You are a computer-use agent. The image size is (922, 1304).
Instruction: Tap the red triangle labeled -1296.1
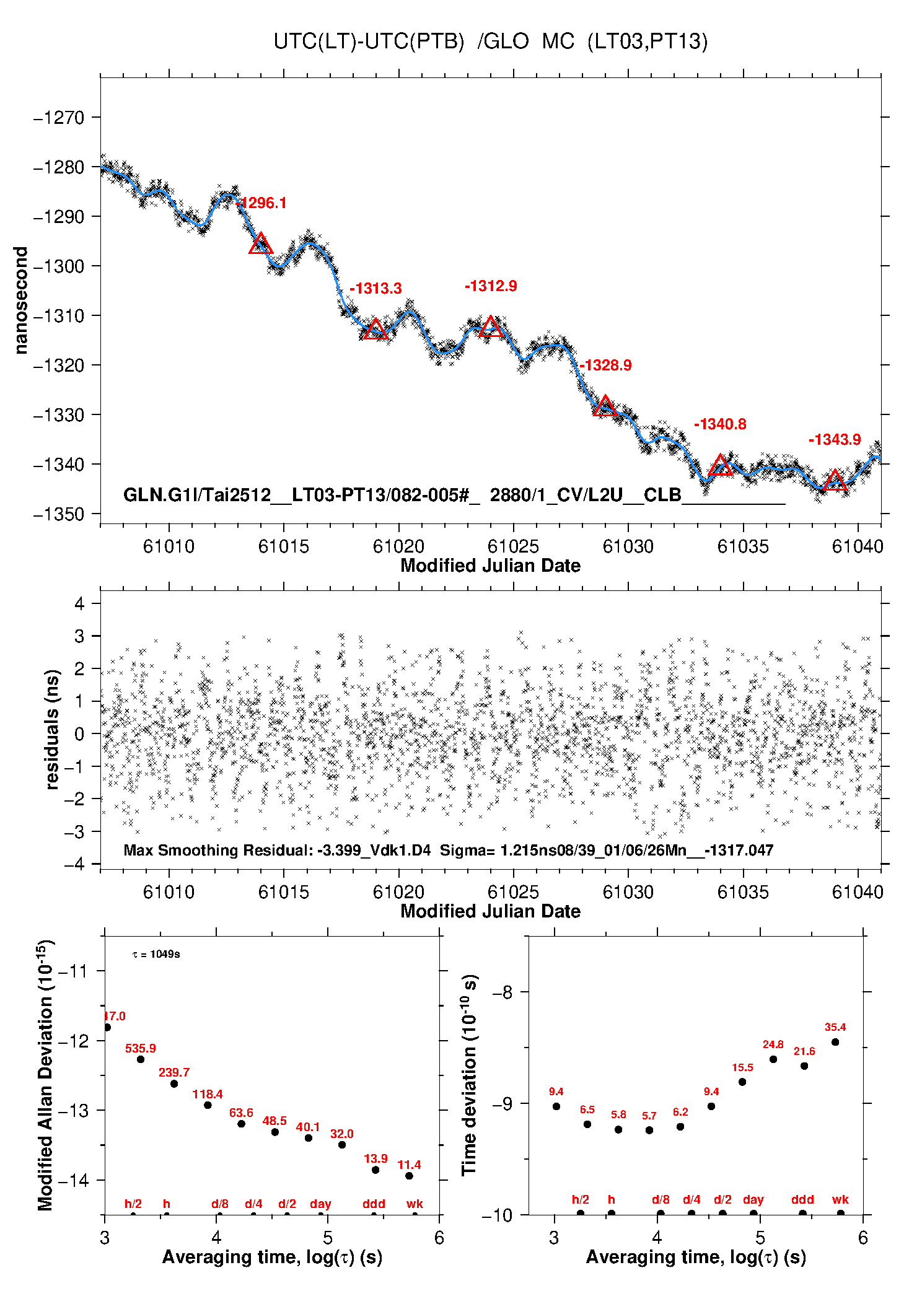(261, 244)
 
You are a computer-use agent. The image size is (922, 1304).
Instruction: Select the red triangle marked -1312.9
(491, 326)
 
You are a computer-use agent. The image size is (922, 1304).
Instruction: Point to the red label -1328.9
(605, 365)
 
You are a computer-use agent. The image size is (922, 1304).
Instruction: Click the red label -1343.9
(834, 439)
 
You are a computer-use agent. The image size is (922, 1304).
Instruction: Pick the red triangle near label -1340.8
(720, 465)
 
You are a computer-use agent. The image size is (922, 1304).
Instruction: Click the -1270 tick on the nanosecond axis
(58, 117)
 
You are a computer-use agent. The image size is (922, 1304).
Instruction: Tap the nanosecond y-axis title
(22, 300)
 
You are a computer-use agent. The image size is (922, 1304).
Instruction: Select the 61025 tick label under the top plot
(513, 546)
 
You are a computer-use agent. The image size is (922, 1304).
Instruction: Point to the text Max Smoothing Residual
(217, 850)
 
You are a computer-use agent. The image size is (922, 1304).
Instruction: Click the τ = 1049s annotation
(156, 954)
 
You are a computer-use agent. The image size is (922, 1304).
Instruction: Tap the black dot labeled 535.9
(141, 1059)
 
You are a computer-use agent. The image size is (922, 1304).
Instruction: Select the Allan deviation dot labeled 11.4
(409, 1176)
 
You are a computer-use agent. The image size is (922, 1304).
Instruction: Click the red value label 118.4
(207, 1094)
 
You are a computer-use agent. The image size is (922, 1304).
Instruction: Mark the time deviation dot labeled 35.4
(835, 1042)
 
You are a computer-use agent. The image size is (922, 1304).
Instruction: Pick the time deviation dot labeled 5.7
(649, 1130)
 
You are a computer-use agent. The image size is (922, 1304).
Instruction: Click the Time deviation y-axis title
(469, 1075)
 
